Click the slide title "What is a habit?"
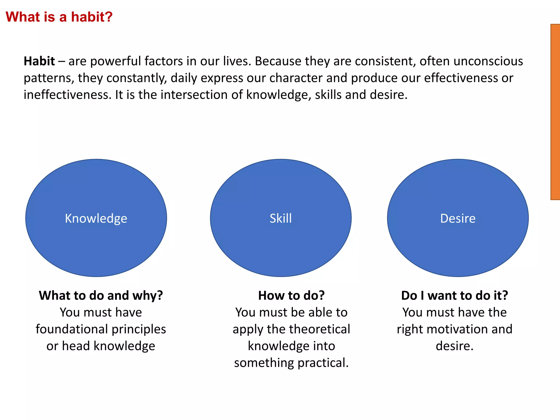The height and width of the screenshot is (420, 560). tap(59, 17)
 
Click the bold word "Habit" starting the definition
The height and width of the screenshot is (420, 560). tap(39, 61)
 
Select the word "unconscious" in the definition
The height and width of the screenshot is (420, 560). tap(488, 61)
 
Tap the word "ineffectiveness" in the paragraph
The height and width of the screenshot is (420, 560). tap(68, 95)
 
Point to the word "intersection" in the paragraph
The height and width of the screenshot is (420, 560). tap(194, 95)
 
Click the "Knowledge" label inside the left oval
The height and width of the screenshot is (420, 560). tap(96, 218)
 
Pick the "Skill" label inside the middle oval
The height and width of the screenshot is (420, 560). tap(281, 218)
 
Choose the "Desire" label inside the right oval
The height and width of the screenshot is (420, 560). tap(458, 218)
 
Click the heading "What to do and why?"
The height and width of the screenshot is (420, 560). tap(101, 296)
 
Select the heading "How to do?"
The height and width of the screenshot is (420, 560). tap(291, 296)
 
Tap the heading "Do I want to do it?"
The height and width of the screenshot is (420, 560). tap(454, 296)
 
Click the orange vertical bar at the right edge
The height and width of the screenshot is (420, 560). tap(555, 112)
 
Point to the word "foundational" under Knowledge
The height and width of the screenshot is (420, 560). tap(72, 329)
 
